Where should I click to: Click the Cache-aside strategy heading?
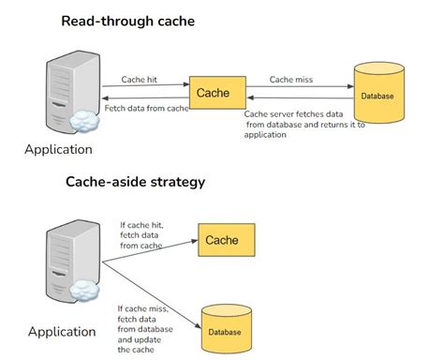(x=137, y=182)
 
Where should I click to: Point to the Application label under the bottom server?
(x=61, y=331)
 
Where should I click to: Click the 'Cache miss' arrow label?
(x=291, y=80)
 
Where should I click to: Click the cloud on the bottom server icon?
(x=87, y=292)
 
